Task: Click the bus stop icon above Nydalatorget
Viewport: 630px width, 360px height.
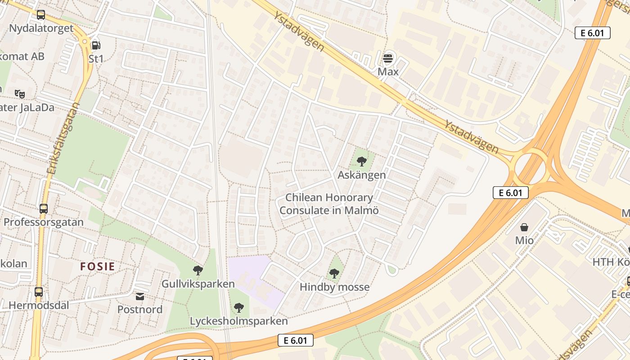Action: (x=40, y=15)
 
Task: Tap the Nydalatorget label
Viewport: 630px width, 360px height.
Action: (x=41, y=28)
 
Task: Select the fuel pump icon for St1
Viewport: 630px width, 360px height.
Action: (x=95, y=45)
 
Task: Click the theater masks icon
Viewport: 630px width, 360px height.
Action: (x=19, y=94)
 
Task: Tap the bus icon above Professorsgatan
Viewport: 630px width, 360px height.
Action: (x=43, y=209)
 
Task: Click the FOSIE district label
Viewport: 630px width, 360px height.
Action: (x=98, y=266)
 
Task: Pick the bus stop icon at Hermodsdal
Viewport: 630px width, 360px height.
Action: (x=38, y=292)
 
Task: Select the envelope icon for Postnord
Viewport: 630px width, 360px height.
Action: (x=140, y=296)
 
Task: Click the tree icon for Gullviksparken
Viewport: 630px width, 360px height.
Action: (x=198, y=270)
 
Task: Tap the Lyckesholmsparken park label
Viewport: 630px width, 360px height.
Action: (x=238, y=321)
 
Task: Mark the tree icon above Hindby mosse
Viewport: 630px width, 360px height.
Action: (x=334, y=273)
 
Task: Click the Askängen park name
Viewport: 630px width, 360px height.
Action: (x=362, y=175)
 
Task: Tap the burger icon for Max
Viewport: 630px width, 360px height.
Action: (x=387, y=58)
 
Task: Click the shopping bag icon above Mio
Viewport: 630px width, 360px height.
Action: (x=524, y=227)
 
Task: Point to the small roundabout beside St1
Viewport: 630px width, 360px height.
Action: (x=84, y=41)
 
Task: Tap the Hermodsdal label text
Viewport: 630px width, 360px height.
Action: (x=39, y=306)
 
